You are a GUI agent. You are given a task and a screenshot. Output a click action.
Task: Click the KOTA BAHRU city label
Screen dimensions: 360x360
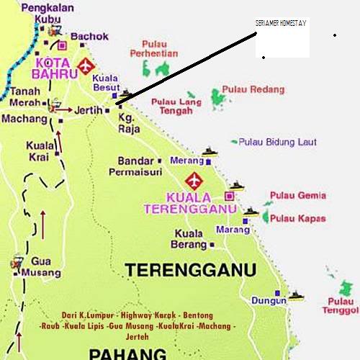point(52,66)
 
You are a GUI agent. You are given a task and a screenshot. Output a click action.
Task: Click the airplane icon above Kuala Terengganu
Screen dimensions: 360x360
point(194,180)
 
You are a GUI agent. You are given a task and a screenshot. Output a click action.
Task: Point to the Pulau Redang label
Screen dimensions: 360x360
point(253,89)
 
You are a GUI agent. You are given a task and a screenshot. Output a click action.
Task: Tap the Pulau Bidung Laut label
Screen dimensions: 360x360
point(277,142)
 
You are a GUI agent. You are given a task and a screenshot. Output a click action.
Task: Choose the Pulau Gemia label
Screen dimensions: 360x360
point(298,195)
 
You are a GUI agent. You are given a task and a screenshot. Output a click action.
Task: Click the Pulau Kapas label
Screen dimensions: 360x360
point(299,218)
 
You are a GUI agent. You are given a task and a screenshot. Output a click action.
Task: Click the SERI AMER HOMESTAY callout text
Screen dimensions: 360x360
point(281,24)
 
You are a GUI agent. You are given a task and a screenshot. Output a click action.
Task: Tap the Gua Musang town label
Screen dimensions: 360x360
point(45,267)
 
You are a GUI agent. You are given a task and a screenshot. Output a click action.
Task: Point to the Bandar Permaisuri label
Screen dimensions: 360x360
point(131,166)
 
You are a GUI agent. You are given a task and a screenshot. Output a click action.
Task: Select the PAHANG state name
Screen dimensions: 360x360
point(128,352)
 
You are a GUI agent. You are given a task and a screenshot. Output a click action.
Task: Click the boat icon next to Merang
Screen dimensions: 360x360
point(210,152)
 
